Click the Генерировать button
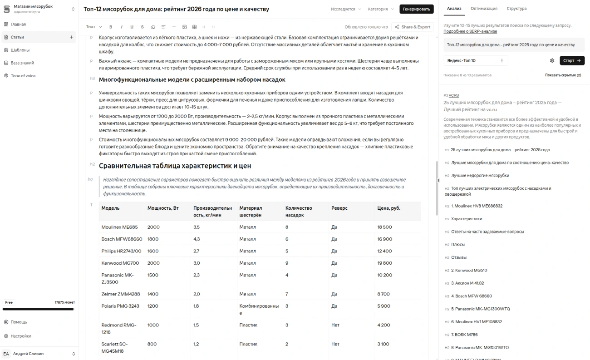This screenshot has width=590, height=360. click(416, 9)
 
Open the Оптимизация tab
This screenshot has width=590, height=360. click(484, 9)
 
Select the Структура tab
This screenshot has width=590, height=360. click(516, 9)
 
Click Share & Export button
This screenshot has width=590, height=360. click(412, 27)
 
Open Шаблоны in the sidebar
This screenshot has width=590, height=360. click(20, 50)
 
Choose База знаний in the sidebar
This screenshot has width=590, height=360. click(22, 63)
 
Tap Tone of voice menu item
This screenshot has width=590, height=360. click(23, 76)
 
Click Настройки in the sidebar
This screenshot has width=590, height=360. click(21, 336)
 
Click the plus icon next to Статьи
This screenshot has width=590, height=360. click(71, 37)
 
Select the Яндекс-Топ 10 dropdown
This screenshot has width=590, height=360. click(475, 60)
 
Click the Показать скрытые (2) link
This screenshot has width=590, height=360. click(563, 75)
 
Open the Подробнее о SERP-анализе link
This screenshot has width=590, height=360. click(470, 31)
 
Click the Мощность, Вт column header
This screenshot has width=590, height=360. click(163, 208)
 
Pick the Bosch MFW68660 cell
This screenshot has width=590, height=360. click(122, 239)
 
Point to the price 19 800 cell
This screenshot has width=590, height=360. click(384, 263)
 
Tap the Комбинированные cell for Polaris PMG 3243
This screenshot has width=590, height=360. click(259, 309)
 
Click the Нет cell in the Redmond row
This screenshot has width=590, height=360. click(335, 325)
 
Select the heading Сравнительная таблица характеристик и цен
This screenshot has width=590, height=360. click(175, 166)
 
